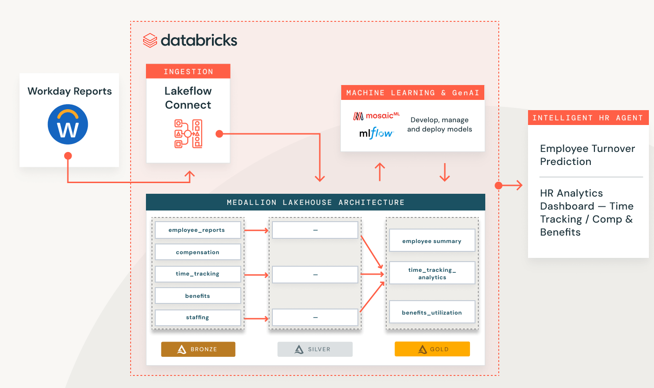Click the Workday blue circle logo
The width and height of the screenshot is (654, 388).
click(x=68, y=124)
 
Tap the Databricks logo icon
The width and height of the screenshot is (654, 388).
click(x=150, y=40)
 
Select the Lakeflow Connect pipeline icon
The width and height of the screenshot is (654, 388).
click(x=188, y=134)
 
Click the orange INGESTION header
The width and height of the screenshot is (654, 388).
click(x=188, y=72)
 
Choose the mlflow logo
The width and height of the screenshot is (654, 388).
click(x=376, y=134)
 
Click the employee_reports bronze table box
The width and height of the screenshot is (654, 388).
click(x=198, y=230)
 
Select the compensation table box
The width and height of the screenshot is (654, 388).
click(x=198, y=252)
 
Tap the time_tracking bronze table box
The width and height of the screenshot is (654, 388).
click(x=198, y=274)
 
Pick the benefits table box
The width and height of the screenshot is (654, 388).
click(x=198, y=296)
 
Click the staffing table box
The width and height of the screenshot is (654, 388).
click(x=198, y=317)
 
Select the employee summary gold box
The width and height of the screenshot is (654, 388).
click(x=432, y=241)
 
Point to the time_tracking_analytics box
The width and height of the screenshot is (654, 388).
click(x=432, y=273)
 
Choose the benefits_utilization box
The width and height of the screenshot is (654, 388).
click(x=432, y=312)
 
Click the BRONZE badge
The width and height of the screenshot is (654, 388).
click(x=198, y=349)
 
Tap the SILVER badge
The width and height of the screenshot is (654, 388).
click(x=315, y=349)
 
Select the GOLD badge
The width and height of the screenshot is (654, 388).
click(x=432, y=349)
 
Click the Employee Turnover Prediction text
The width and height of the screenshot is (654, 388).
click(x=587, y=155)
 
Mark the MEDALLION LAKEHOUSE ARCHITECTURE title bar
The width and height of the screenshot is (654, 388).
click(x=315, y=203)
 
